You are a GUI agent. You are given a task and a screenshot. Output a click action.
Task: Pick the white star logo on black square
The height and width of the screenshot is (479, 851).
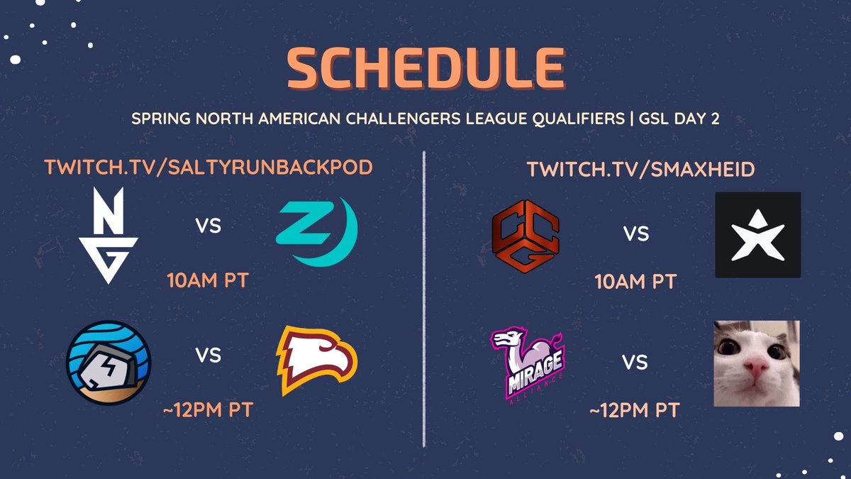point(758,235)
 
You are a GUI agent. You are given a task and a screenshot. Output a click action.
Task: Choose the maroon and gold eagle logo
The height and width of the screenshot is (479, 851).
point(316,360)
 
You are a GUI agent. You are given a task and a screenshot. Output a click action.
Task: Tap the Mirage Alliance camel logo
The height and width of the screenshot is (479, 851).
point(526,363)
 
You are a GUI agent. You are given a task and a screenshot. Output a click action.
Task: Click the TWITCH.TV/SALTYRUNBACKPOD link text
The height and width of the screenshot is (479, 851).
point(208,169)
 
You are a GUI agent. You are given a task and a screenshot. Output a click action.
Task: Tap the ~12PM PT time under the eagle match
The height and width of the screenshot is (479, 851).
point(207,410)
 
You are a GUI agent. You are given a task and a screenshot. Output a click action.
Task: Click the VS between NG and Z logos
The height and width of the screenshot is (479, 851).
point(208,226)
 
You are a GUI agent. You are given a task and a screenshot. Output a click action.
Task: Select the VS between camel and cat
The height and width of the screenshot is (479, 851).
point(635,363)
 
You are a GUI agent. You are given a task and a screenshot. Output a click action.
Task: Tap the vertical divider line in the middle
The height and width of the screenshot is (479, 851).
point(424,298)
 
